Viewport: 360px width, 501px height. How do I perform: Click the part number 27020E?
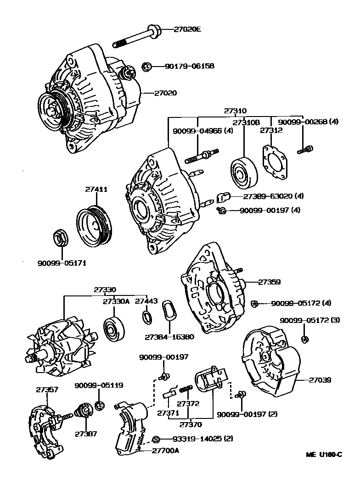click(x=187, y=30)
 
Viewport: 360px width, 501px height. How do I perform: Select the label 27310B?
click(x=246, y=123)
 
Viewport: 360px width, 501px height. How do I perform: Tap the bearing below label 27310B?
click(x=242, y=173)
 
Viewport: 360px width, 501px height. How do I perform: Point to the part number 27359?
click(x=269, y=282)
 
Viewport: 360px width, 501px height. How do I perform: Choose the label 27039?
click(x=320, y=380)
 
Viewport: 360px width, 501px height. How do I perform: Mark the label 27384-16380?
click(x=169, y=336)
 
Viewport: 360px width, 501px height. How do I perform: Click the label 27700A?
click(x=165, y=451)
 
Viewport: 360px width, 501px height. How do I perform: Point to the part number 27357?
click(x=47, y=390)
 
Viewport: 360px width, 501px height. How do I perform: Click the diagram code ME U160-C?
click(x=324, y=455)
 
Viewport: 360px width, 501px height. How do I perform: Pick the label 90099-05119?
click(x=99, y=386)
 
